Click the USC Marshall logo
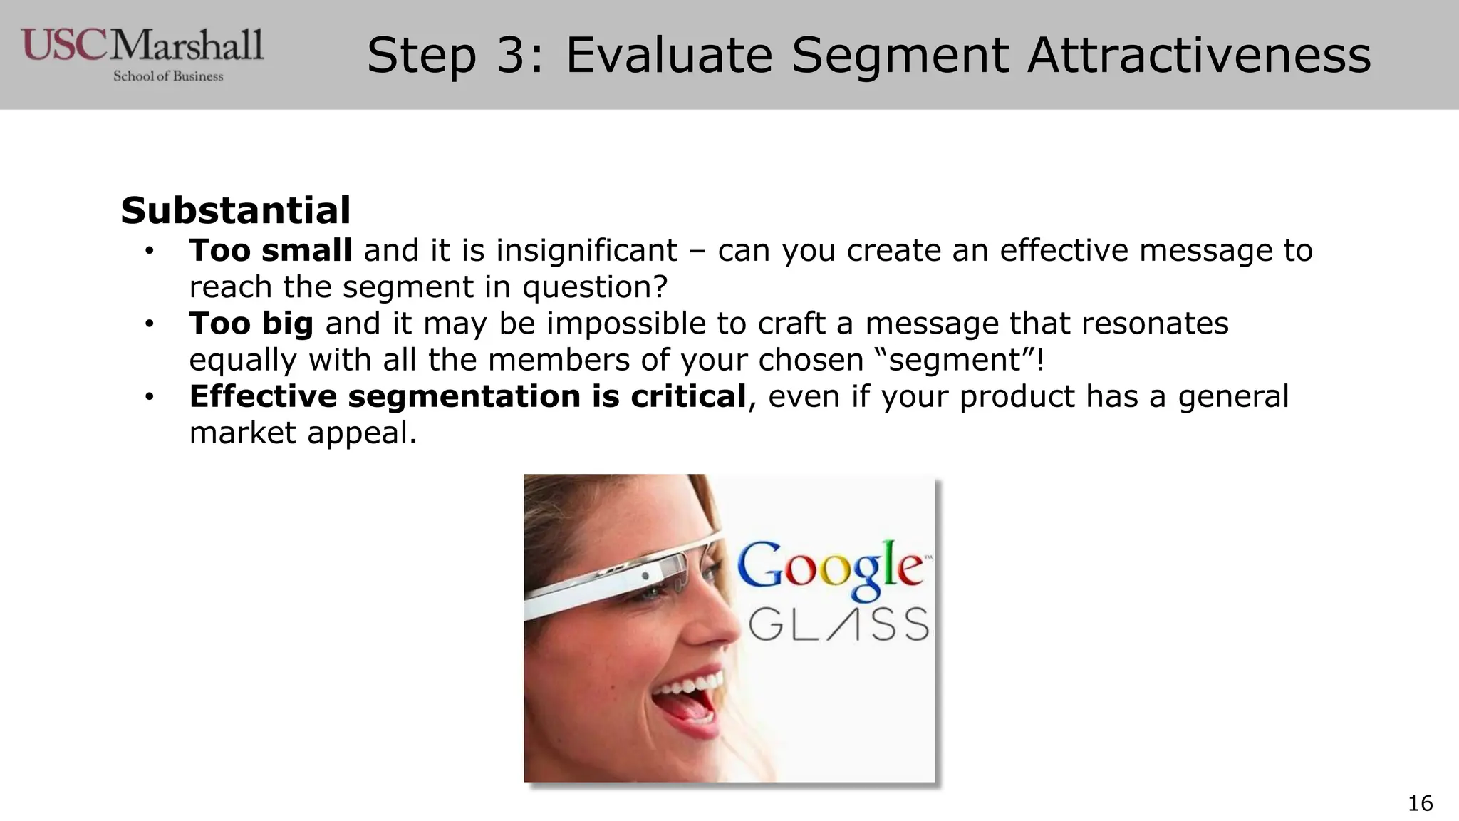point(142,46)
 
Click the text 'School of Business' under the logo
point(168,76)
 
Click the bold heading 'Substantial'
point(235,210)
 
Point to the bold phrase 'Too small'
point(270,250)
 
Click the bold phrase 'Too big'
point(251,324)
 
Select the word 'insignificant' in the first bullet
point(586,250)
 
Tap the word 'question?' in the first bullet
point(595,286)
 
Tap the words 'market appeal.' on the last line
point(303,433)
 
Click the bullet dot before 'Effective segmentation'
point(149,397)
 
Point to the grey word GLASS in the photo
point(838,625)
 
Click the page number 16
point(1420,803)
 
